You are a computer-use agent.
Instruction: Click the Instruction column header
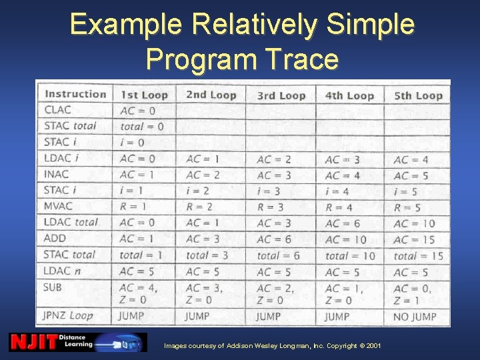[75, 94]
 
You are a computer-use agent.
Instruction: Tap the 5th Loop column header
[418, 95]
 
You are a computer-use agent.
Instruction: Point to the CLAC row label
[57, 110]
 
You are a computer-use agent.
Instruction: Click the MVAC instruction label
[60, 206]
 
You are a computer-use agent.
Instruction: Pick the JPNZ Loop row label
[69, 315]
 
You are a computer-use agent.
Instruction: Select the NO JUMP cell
[415, 316]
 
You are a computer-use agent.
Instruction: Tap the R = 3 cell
[271, 207]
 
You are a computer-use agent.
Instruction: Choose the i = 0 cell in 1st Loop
[132, 143]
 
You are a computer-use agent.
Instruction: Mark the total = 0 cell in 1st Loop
[141, 127]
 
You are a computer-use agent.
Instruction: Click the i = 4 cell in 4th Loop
[337, 191]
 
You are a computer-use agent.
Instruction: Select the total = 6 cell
[278, 255]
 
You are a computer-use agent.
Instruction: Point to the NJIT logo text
[32, 342]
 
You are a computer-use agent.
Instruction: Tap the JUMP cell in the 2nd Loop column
[197, 316]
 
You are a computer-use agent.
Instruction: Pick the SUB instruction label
[55, 287]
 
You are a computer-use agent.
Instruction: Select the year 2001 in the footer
[374, 346]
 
